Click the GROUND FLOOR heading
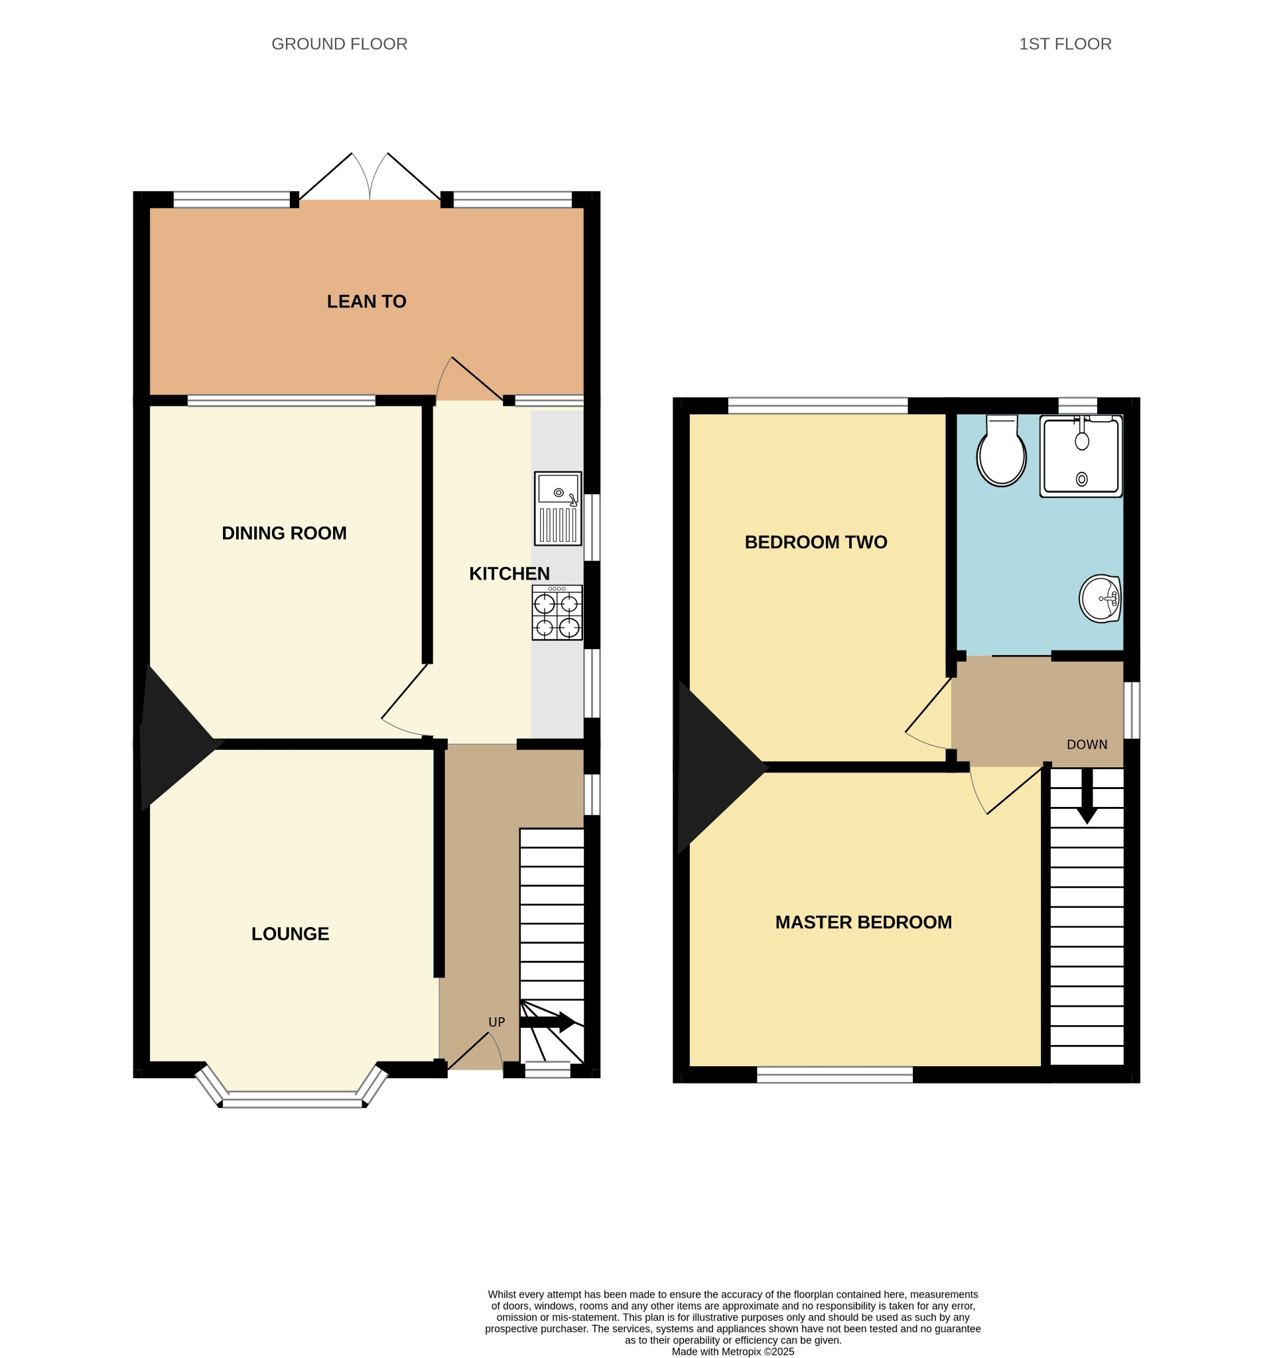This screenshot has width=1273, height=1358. (340, 44)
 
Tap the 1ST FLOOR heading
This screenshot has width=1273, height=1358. (1065, 44)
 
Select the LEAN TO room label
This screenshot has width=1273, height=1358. (366, 301)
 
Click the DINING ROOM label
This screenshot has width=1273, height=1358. (285, 533)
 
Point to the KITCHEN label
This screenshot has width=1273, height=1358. (509, 573)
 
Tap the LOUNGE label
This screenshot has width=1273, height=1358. (291, 933)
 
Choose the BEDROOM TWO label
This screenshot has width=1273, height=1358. (816, 542)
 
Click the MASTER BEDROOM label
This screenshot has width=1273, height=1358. (864, 922)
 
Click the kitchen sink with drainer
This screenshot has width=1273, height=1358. (559, 508)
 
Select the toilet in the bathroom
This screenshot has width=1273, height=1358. (1002, 451)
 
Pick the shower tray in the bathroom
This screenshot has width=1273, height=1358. (1081, 456)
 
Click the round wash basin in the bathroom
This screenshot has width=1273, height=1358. (1100, 598)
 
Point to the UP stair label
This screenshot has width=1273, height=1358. (497, 1022)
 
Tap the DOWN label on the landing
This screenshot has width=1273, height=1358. (1087, 744)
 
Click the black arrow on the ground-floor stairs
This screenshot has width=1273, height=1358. (547, 1022)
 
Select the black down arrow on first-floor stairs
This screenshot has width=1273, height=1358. (1087, 795)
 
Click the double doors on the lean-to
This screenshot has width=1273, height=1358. (369, 176)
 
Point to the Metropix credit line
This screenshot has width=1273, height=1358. (732, 1351)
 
